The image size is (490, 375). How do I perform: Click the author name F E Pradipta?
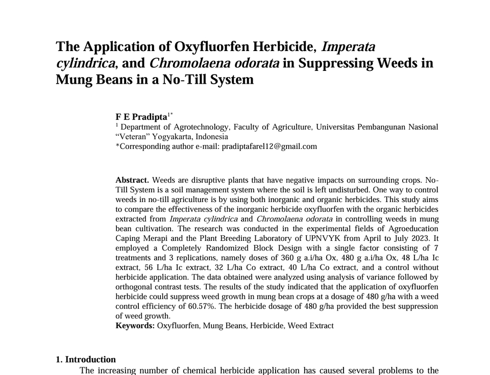[141, 117]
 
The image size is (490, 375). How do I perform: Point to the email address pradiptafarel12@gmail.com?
[269, 146]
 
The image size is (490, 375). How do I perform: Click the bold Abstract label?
[132, 180]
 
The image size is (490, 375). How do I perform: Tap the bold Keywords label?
[135, 326]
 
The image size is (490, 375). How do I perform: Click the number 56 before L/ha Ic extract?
[149, 267]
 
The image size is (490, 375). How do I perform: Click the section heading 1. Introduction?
[86, 359]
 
